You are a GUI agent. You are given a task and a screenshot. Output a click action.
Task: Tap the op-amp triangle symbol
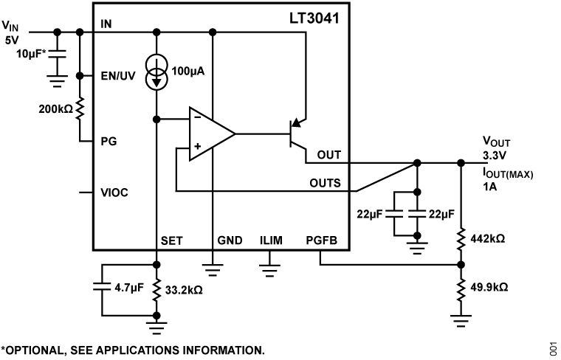tap(210, 134)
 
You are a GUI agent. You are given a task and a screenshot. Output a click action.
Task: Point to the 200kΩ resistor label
tap(56, 108)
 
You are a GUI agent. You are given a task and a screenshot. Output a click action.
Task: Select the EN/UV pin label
tap(118, 75)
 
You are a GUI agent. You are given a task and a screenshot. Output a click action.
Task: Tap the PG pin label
tap(108, 140)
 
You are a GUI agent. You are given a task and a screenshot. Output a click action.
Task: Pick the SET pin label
tap(171, 240)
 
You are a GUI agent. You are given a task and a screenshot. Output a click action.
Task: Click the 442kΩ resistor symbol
tap(461, 239)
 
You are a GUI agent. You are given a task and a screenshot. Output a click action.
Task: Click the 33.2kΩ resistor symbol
tap(156, 290)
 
